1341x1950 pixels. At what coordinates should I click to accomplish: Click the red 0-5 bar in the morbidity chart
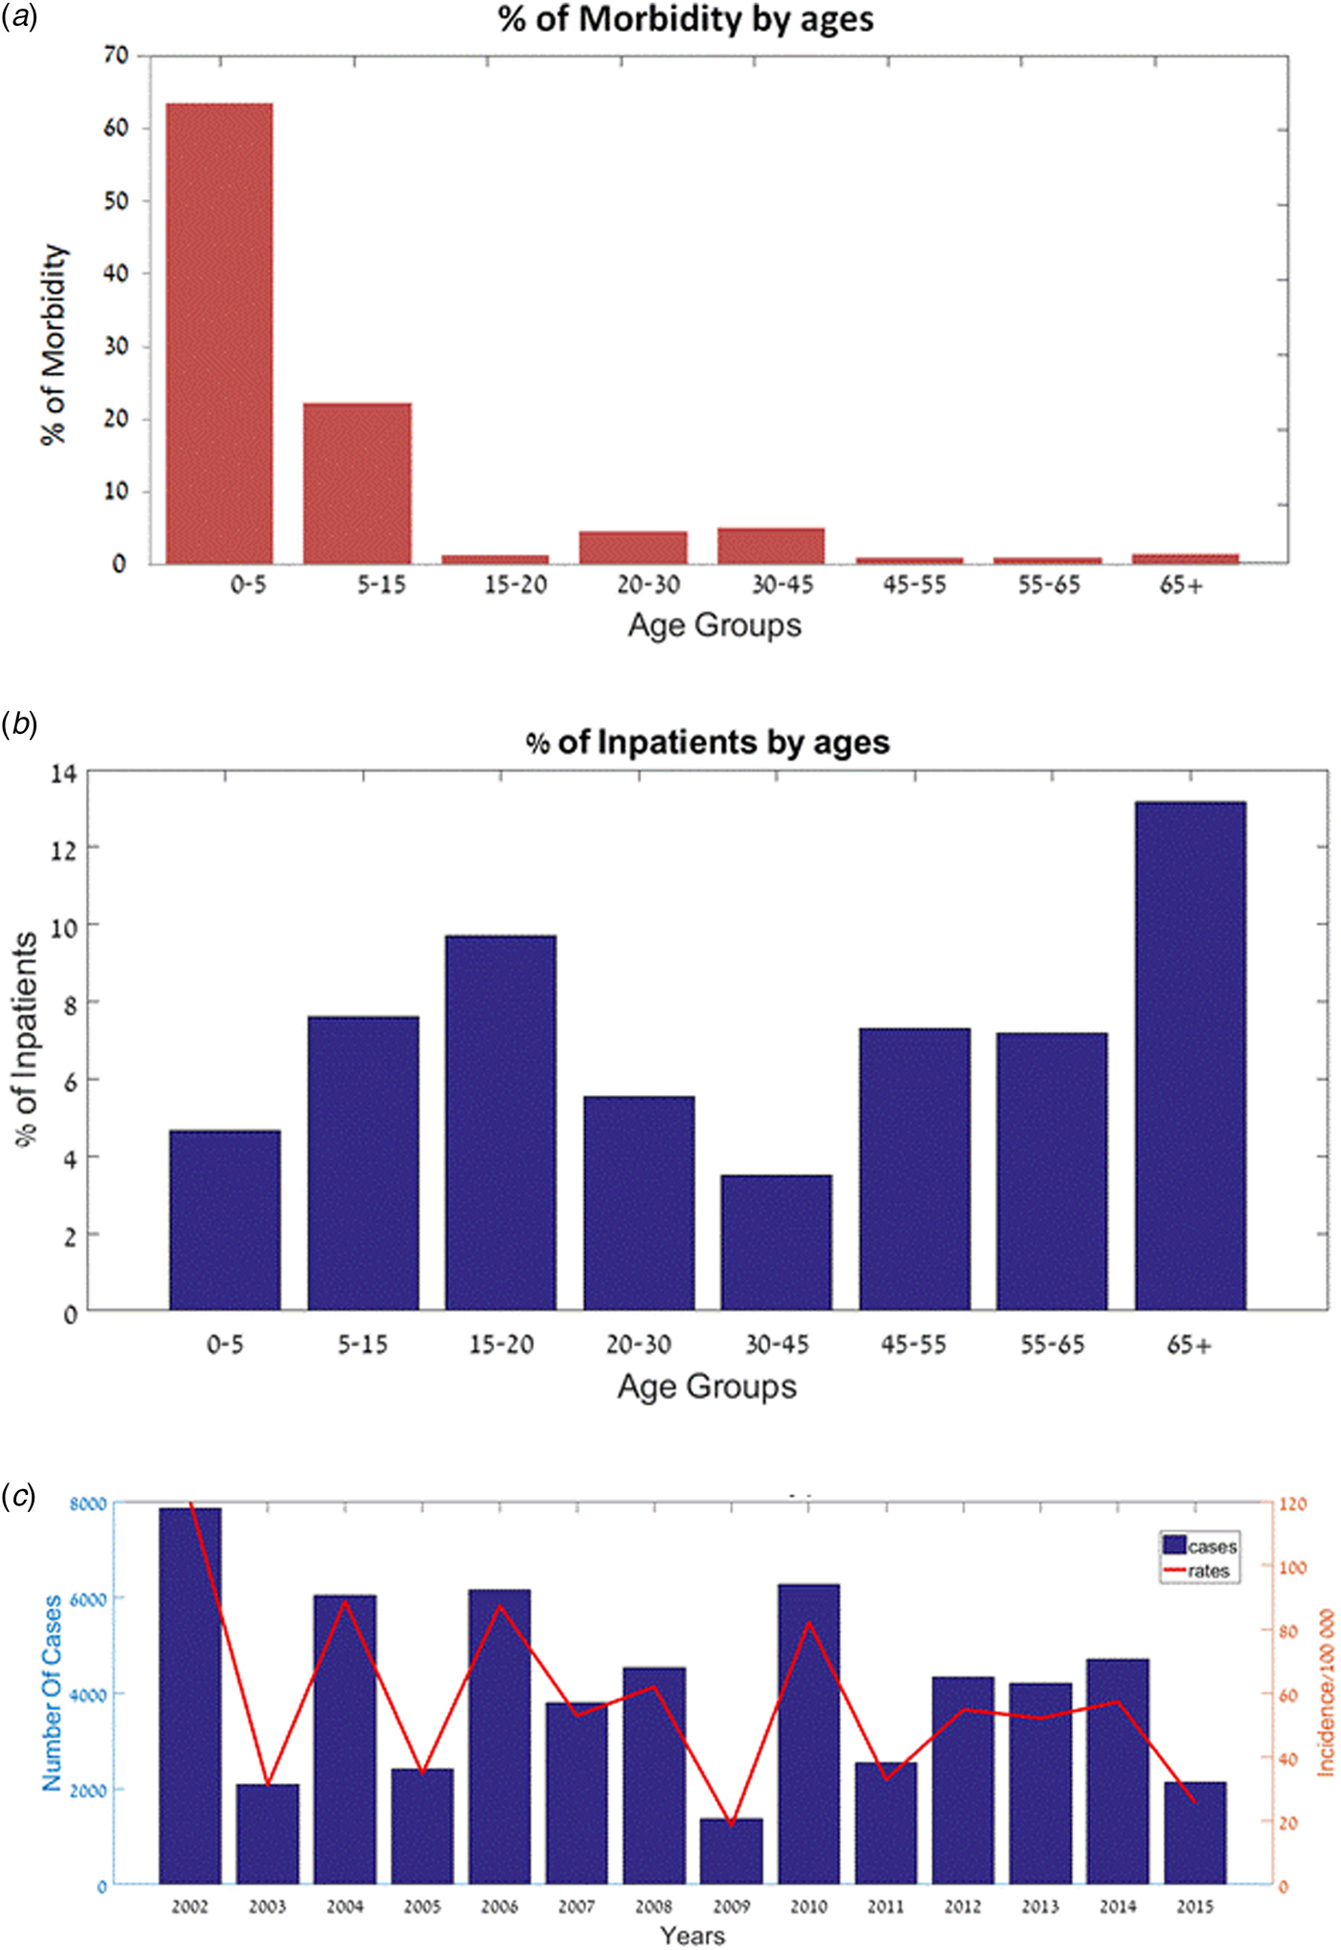pos(219,333)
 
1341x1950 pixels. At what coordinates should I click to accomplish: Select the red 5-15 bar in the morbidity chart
pos(357,483)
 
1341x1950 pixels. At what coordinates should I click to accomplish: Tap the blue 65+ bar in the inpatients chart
pos(1190,1055)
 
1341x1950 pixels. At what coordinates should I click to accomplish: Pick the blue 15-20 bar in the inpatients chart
pos(501,1122)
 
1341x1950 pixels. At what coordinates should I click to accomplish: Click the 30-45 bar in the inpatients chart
pos(777,1242)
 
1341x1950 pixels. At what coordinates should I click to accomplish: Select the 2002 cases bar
pos(190,1695)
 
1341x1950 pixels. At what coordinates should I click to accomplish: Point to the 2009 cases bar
pos(731,1850)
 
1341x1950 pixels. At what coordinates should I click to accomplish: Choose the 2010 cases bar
pos(808,1733)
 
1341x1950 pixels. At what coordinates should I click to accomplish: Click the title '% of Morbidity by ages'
pos(686,19)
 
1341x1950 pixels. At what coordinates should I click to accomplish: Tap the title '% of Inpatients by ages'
pos(708,743)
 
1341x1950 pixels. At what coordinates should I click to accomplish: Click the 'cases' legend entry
pos(1200,1547)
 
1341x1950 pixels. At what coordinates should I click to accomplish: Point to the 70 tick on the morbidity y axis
pos(116,55)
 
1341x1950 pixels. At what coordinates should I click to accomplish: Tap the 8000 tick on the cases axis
pos(88,1504)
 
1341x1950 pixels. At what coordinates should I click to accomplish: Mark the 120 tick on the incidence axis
pos(1293,1504)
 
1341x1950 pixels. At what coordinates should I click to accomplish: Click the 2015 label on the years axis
pos(1194,1907)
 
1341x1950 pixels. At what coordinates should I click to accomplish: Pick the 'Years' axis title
pos(693,1935)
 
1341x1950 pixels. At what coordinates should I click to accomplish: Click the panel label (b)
pos(19,724)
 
